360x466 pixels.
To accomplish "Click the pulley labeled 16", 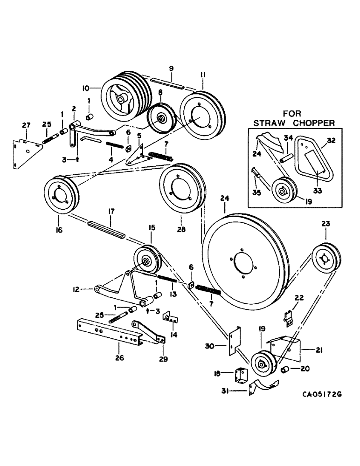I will click(60, 195).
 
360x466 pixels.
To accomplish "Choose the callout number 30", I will click(211, 345).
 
